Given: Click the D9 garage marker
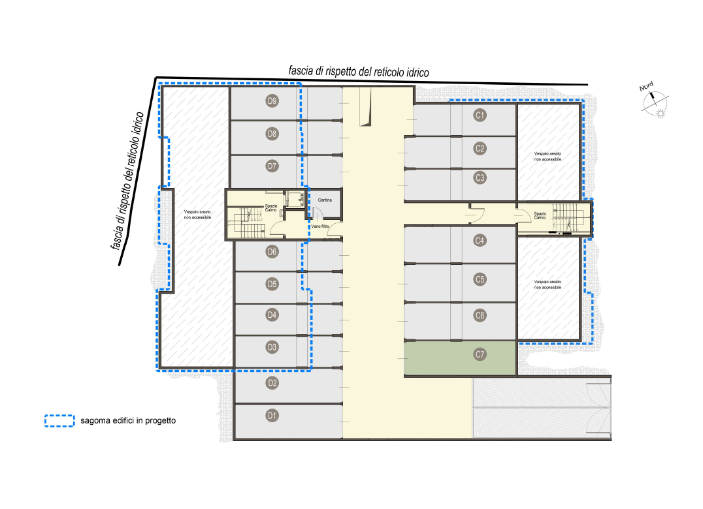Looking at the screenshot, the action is coord(272,100).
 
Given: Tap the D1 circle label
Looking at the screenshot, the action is coord(272,416).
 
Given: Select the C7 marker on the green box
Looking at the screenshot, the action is coord(480,354).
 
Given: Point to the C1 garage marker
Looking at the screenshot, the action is coord(480,115).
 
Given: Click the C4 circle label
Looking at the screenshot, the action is coord(480,240).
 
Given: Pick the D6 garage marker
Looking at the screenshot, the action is coord(272,252).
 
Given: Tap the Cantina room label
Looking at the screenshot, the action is coord(325,200).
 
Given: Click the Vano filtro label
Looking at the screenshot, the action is coord(320,226).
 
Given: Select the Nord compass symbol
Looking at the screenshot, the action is coord(655,101).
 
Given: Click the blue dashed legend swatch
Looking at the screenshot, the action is coord(59,421).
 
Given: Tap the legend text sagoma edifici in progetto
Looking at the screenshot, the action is coord(128,421).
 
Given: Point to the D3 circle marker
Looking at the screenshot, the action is coord(272,347).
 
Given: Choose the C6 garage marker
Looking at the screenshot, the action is coord(480,315).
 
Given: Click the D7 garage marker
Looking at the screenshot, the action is coord(272,166).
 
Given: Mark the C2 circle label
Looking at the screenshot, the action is coord(480,148).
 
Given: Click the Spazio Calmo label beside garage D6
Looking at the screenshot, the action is coord(271,208).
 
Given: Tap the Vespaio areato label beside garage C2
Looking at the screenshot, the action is coord(548,156).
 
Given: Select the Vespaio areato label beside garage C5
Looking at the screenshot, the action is coord(548,285).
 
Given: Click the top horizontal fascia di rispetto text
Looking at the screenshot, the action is coord(359,72).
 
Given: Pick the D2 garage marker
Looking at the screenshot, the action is coord(272,383).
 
